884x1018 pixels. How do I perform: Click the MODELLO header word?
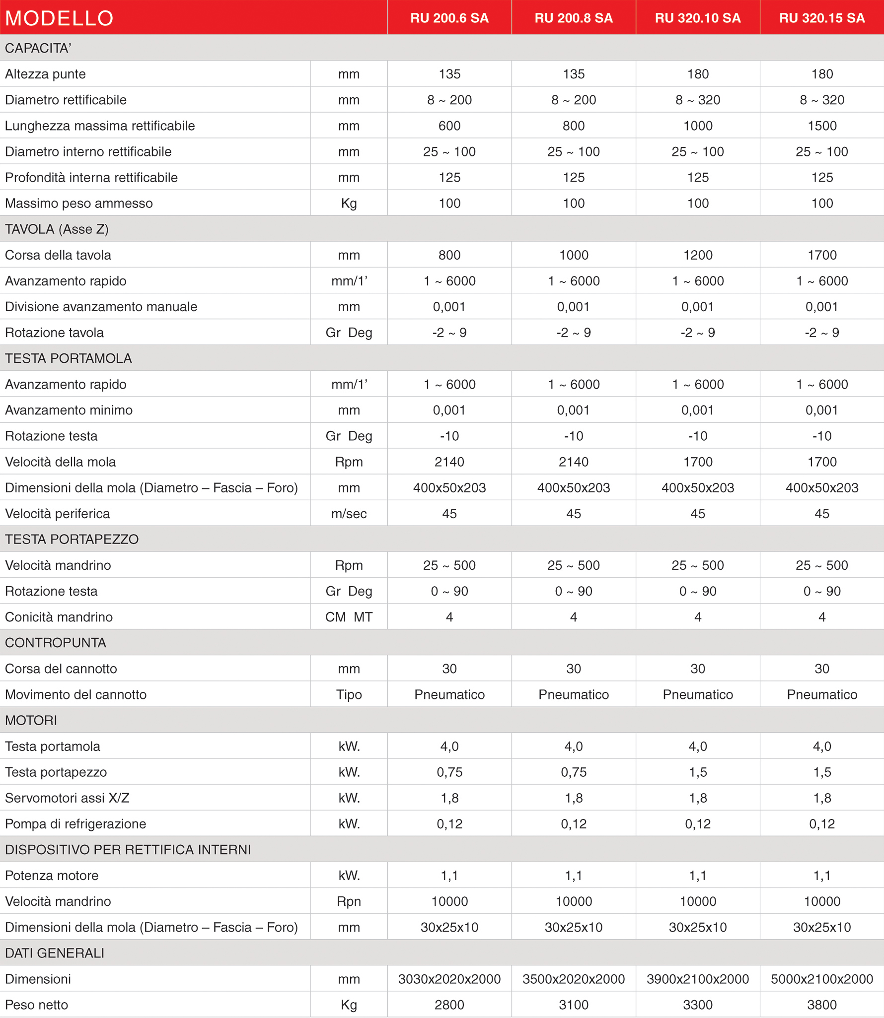point(59,18)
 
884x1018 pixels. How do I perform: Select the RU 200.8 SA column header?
point(574,18)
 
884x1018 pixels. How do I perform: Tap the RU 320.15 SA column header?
point(822,18)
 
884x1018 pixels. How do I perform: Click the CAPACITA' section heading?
point(38,48)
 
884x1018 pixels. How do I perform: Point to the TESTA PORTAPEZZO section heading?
point(72,539)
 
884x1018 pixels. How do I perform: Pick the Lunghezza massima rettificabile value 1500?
point(822,126)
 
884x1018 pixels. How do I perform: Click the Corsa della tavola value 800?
point(449,255)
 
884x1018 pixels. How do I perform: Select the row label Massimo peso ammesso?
point(79,204)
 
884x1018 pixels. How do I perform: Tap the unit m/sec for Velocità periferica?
point(349,514)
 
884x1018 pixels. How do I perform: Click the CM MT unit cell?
point(349,617)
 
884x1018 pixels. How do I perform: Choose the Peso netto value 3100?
point(574,1005)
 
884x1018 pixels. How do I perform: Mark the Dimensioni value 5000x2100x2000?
point(822,979)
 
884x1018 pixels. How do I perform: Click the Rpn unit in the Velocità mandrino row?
point(349,901)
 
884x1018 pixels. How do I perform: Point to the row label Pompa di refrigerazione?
point(75,824)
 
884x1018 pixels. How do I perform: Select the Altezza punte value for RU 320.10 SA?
point(698,74)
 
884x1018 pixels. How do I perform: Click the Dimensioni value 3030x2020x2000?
point(449,979)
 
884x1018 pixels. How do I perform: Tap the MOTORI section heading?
point(31,720)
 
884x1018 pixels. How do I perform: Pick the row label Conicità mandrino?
point(59,617)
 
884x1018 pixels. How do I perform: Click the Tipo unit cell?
point(349,695)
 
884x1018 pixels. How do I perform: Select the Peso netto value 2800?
point(449,1005)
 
